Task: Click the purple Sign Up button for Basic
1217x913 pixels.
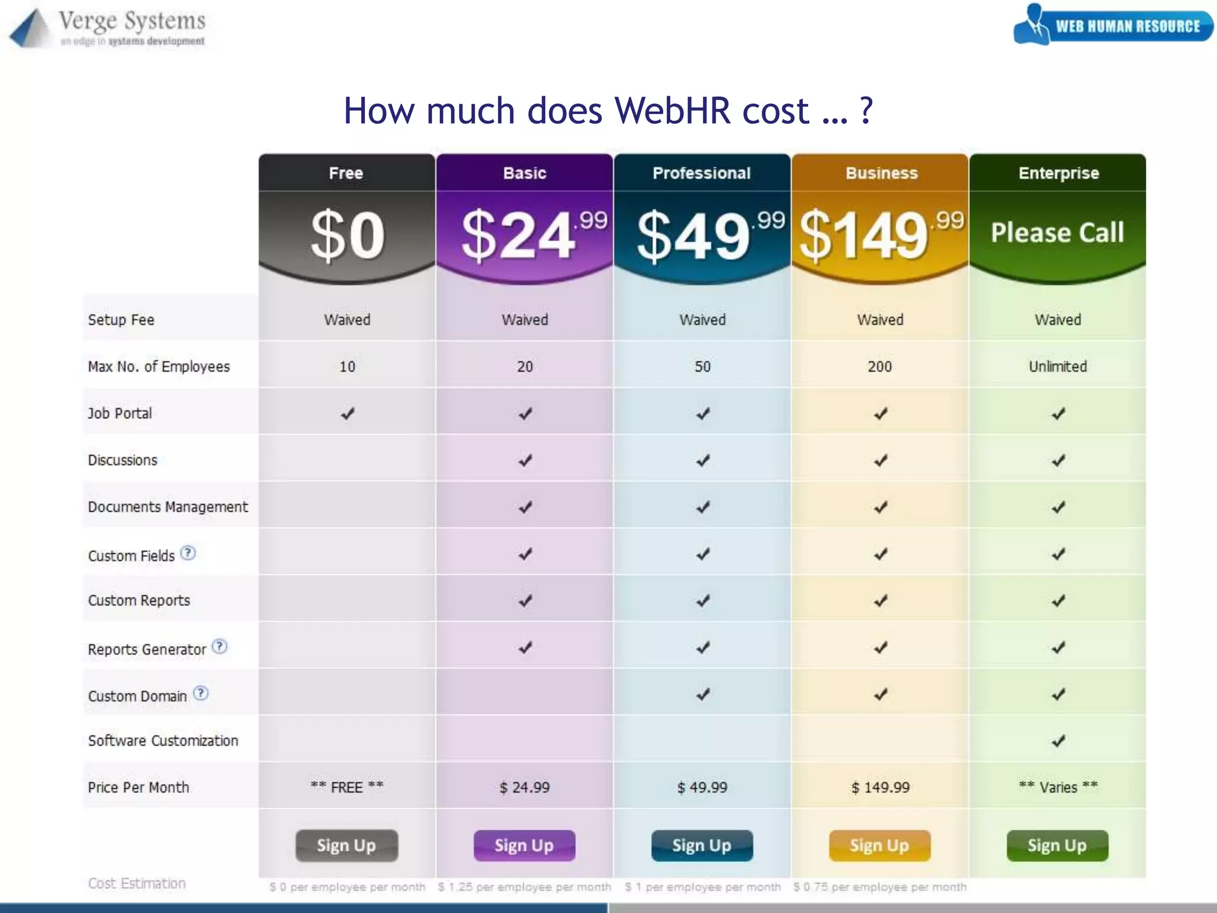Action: [x=524, y=845]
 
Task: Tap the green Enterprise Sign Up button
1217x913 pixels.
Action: [x=1057, y=845]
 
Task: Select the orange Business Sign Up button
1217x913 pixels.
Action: [x=879, y=845]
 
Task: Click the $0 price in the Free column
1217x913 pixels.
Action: [x=348, y=235]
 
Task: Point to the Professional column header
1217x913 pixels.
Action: [x=702, y=173]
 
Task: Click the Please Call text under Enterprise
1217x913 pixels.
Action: [x=1057, y=232]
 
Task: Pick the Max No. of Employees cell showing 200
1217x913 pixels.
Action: [x=879, y=367]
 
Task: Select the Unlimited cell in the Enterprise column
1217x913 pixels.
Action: [x=1058, y=367]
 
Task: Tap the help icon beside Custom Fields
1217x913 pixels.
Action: [x=188, y=553]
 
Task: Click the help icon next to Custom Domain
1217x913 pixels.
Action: [x=201, y=693]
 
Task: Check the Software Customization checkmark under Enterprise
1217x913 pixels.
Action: [x=1058, y=741]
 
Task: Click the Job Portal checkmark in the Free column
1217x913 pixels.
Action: [x=348, y=414]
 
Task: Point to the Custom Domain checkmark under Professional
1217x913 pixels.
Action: [x=702, y=694]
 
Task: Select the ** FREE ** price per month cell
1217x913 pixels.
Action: [x=347, y=787]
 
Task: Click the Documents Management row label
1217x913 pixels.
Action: [x=168, y=507]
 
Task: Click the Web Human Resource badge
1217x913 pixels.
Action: [x=1113, y=25]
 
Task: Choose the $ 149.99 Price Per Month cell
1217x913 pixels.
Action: [x=880, y=788]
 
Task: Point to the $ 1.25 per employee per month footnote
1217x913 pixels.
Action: [x=524, y=887]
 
